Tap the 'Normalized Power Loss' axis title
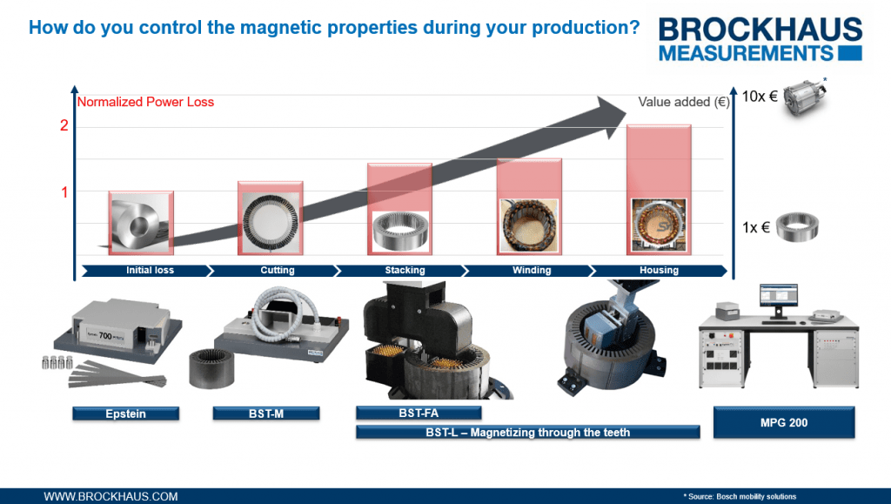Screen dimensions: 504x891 point(145,102)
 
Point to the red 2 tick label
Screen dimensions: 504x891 point(64,125)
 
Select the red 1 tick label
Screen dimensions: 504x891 point(64,192)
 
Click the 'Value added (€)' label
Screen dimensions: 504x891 point(683,102)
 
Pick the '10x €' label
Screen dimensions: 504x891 point(760,97)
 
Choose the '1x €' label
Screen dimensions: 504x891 point(756,227)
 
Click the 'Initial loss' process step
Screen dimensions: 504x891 point(150,271)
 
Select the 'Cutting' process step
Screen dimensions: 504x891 point(278,271)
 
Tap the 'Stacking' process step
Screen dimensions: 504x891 point(405,271)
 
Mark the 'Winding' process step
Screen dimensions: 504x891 point(532,271)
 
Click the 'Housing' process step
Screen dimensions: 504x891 point(659,271)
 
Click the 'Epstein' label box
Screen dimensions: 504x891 point(125,413)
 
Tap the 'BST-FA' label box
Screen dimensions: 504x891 point(419,413)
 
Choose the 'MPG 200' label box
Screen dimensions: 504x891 point(784,423)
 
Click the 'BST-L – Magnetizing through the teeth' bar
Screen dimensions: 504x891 point(528,433)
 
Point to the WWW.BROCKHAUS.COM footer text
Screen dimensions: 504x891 point(111,496)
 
